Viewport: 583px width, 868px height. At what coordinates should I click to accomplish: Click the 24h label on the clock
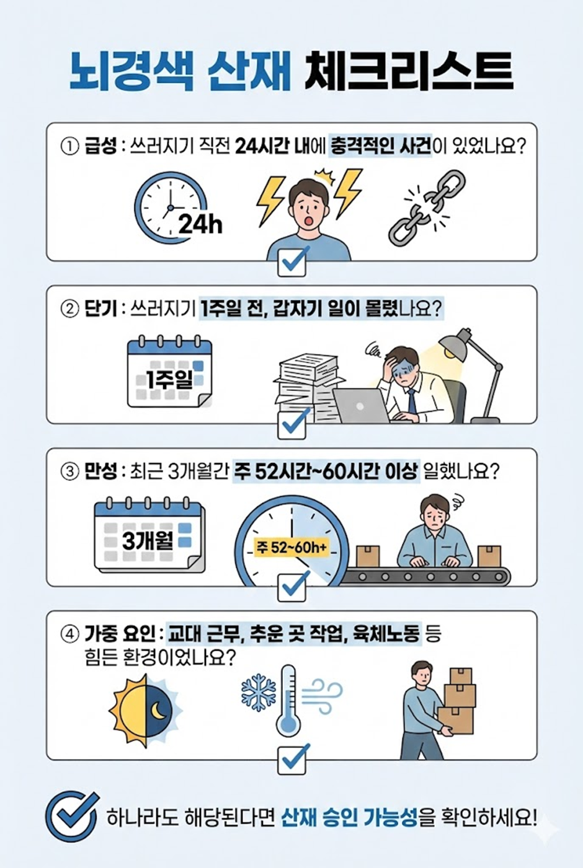pos(200,224)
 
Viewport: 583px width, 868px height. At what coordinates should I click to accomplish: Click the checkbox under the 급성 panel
pos(291,262)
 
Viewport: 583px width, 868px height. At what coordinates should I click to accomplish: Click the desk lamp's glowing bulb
pos(450,352)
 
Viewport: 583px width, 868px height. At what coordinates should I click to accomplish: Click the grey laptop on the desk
pos(362,406)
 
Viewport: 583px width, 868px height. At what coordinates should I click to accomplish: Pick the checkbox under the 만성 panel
pos(291,587)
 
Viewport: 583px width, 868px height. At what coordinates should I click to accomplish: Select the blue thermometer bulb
pos(288,725)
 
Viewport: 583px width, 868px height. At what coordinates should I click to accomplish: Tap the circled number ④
pos(70,634)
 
